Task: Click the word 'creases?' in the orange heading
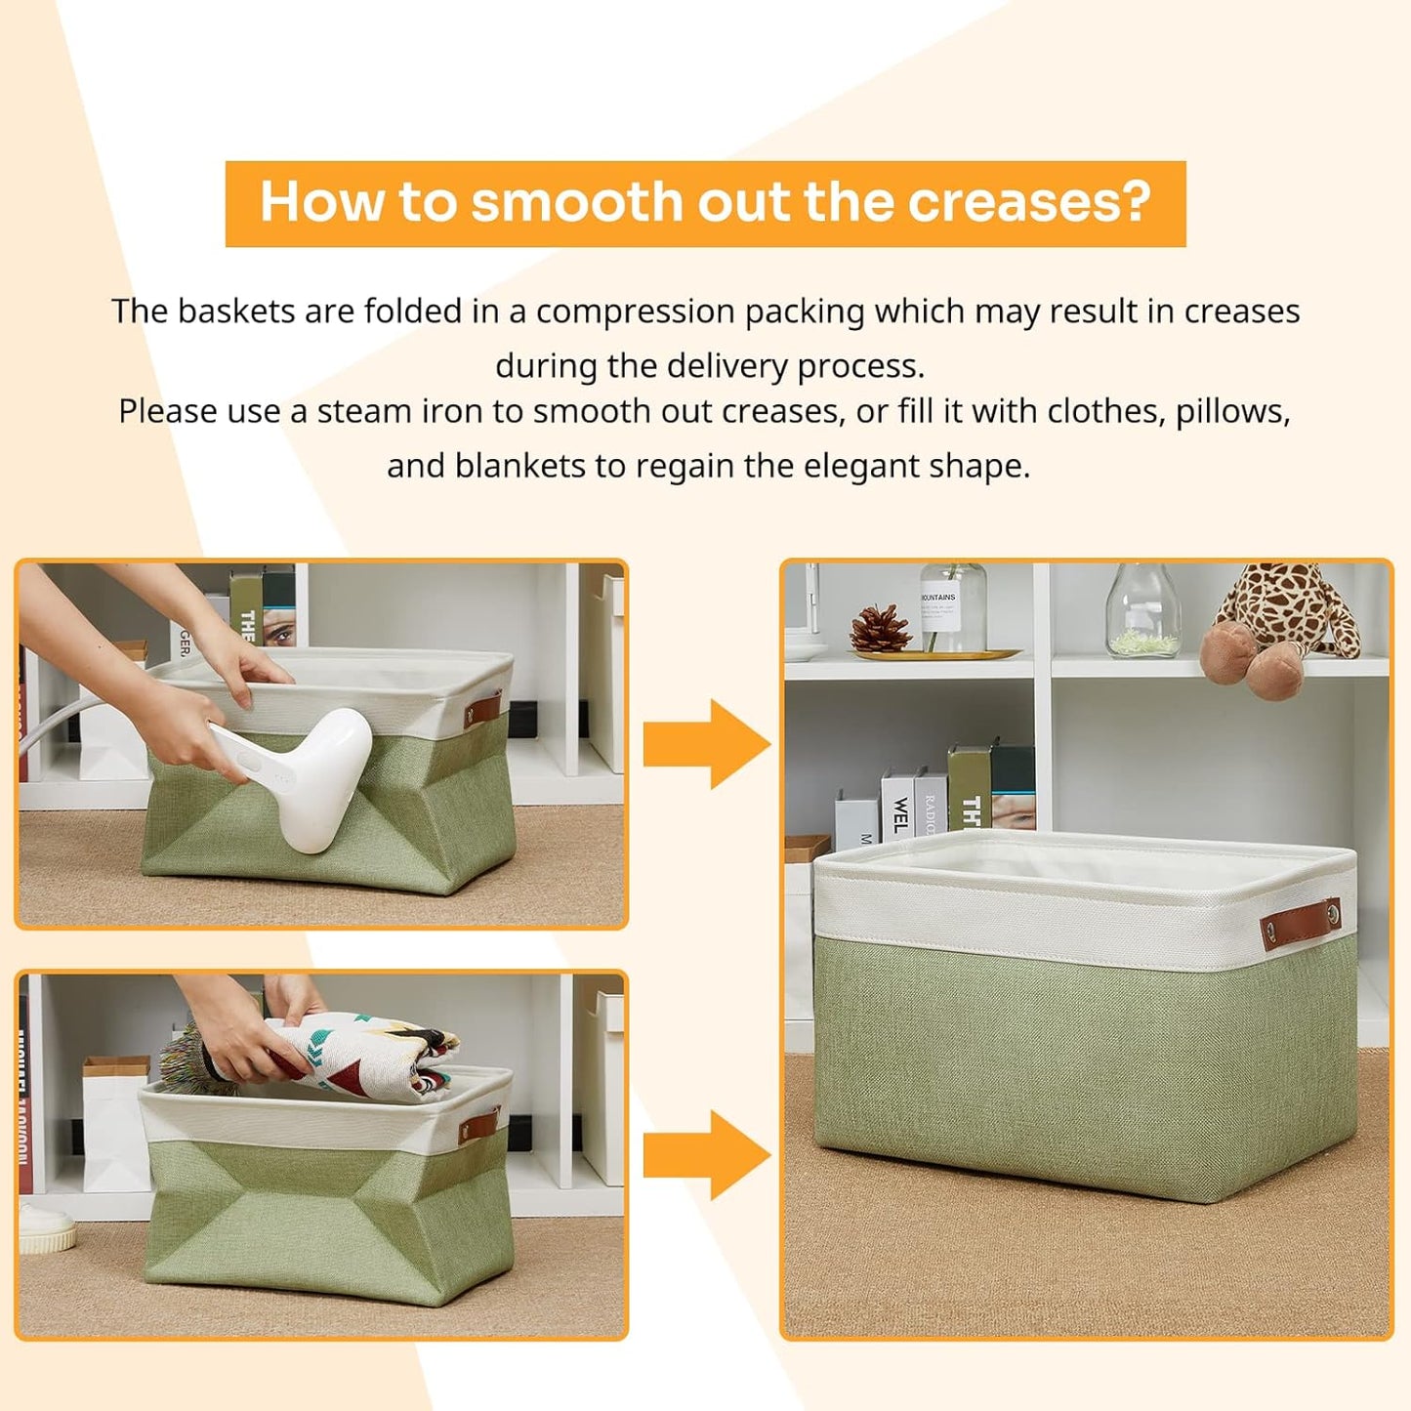(x=1029, y=202)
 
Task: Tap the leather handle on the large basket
(x=1301, y=923)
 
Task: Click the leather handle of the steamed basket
(x=481, y=707)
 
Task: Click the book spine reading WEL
(x=898, y=809)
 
